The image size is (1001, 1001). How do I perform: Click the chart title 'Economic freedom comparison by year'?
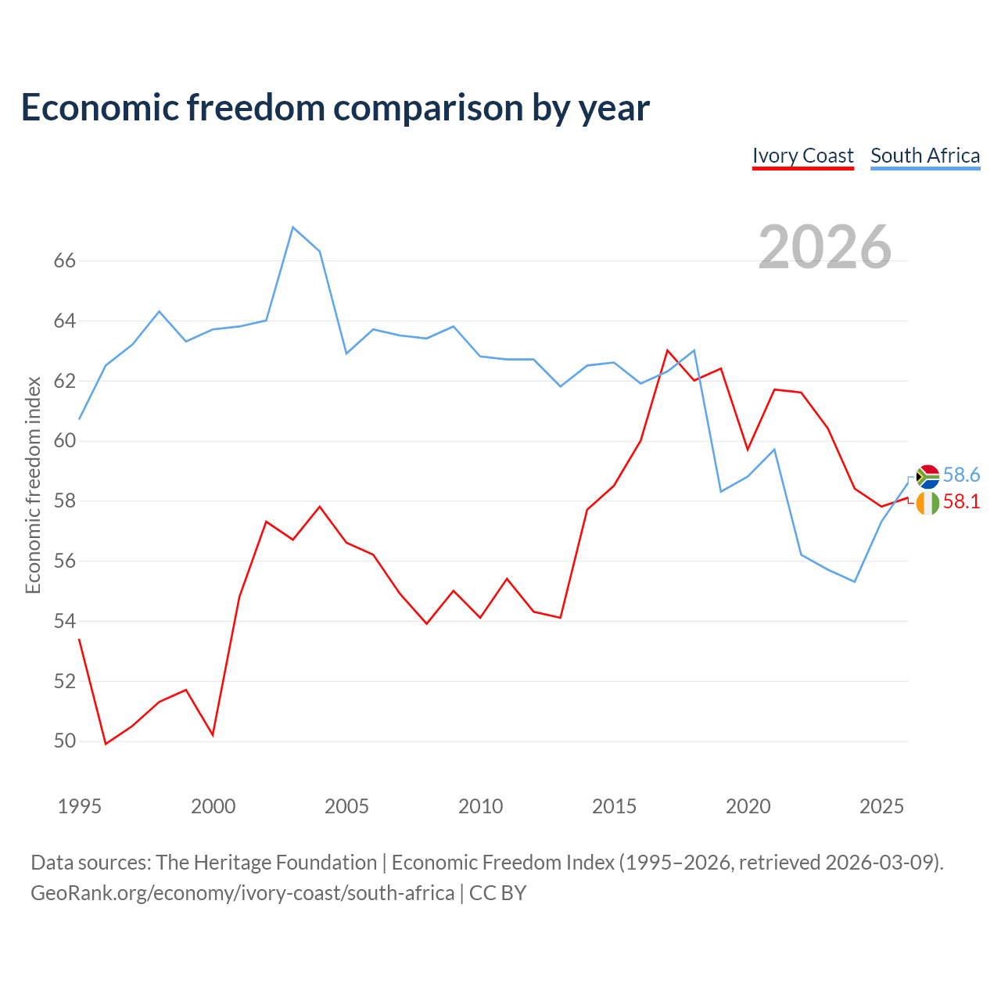[x=335, y=108]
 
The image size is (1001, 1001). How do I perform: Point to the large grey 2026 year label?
[x=824, y=247]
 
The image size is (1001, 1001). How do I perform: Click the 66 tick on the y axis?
[x=65, y=260]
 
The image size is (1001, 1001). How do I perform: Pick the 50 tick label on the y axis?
[x=65, y=741]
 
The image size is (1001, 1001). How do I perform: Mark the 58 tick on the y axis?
[x=65, y=500]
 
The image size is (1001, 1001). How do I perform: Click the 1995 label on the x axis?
[x=80, y=806]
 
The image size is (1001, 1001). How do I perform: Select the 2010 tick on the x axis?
[x=480, y=806]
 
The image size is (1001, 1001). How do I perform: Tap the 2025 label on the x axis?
[x=881, y=806]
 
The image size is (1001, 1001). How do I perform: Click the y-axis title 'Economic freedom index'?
[x=34, y=485]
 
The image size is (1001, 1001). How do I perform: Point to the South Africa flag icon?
[x=927, y=476]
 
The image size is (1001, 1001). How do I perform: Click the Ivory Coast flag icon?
[x=927, y=503]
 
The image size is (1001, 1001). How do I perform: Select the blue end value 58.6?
[x=961, y=475]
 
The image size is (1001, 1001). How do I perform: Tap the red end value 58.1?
[x=961, y=501]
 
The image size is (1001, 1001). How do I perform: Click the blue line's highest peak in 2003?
[x=293, y=228]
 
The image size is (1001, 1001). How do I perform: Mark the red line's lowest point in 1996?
[x=106, y=744]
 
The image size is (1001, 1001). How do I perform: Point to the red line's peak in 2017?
[x=668, y=350]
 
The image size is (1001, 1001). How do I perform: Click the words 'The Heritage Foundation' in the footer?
[x=267, y=863]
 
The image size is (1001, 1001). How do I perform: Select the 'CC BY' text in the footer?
[x=497, y=894]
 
